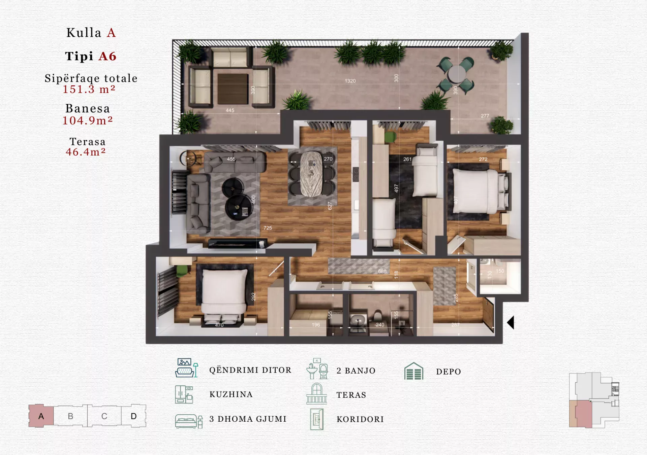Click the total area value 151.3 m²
click(89, 89)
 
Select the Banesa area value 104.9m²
click(88, 120)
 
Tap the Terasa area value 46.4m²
click(86, 152)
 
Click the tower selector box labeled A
click(41, 416)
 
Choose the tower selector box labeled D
click(134, 416)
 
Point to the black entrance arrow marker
click(511, 322)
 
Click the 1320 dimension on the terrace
click(350, 81)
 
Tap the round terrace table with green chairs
click(457, 74)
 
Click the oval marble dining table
click(312, 174)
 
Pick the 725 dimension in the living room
click(268, 228)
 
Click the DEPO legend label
click(449, 372)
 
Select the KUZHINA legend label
click(231, 394)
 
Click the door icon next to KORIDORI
click(317, 419)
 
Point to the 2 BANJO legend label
click(356, 371)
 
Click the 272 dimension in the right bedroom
click(483, 159)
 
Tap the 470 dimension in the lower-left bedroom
click(219, 325)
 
